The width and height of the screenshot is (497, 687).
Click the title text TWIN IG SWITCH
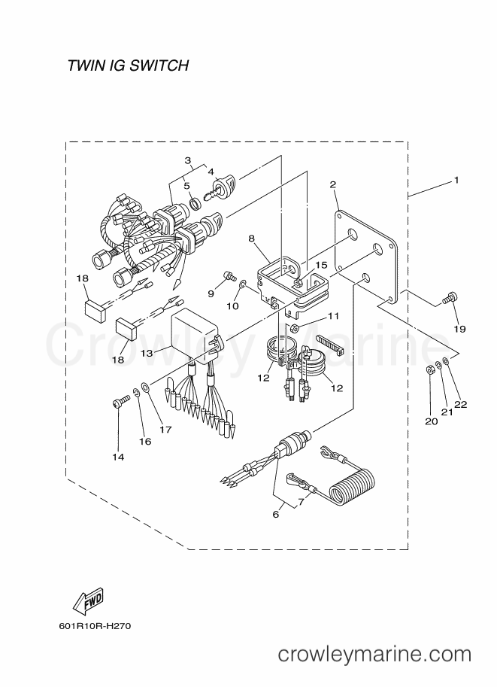[129, 65]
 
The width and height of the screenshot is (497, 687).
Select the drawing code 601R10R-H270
[95, 625]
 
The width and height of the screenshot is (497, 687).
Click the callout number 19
[459, 329]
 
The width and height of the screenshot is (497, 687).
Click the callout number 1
[456, 180]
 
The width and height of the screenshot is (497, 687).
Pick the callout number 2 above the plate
[333, 184]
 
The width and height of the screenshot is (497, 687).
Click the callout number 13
[147, 353]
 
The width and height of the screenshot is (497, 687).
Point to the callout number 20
[432, 421]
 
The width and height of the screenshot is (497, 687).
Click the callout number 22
[461, 404]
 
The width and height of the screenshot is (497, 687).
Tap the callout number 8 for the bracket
[251, 239]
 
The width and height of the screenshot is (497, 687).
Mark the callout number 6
[275, 514]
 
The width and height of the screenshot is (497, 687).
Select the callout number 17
[165, 430]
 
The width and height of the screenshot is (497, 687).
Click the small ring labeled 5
[195, 204]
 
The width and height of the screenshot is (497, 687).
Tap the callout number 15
[321, 265]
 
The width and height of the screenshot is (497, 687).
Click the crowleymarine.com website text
[375, 655]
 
